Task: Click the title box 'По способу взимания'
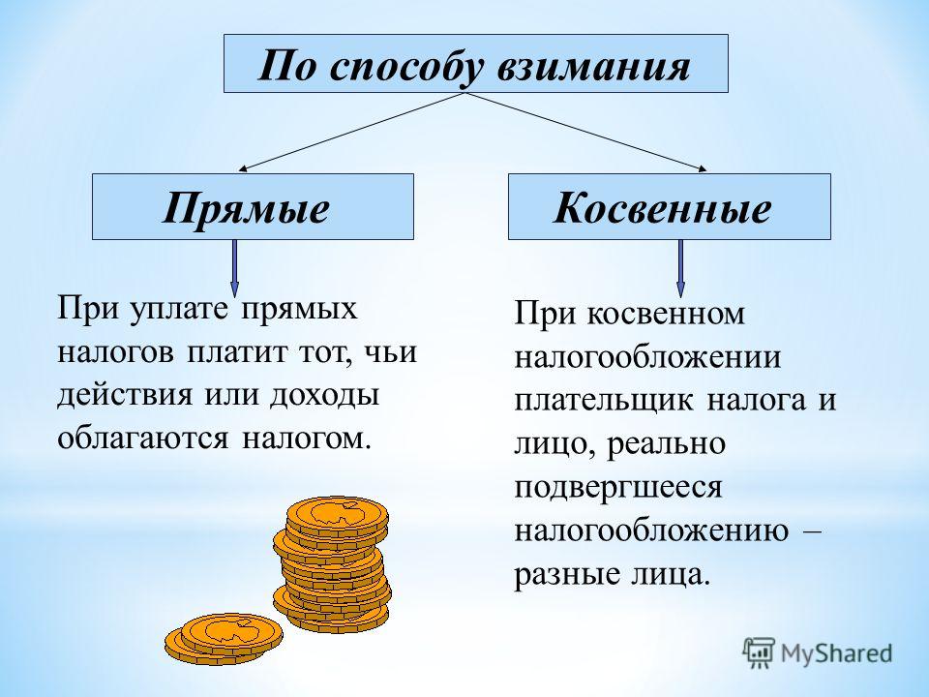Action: point(476,64)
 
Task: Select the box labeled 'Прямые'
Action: point(253,207)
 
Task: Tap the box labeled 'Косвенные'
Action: point(670,207)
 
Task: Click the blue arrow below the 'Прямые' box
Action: point(234,268)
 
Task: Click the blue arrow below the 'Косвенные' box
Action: point(680,268)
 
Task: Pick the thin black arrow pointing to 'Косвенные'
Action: point(585,132)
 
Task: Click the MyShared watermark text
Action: point(836,653)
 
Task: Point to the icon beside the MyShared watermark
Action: point(759,652)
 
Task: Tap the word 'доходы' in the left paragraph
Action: point(324,396)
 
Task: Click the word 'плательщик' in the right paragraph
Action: point(604,401)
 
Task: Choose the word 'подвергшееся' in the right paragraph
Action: point(618,488)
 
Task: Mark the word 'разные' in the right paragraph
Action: point(559,574)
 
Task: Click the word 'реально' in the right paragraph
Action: point(667,444)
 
